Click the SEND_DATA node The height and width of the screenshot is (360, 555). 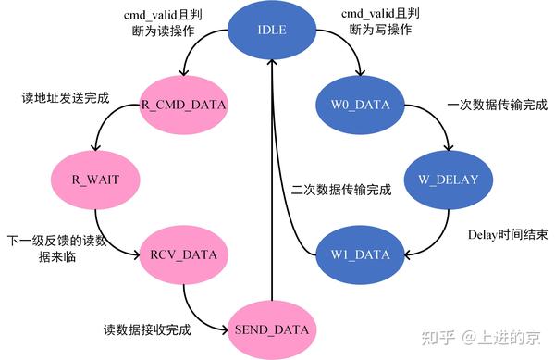tap(272, 329)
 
